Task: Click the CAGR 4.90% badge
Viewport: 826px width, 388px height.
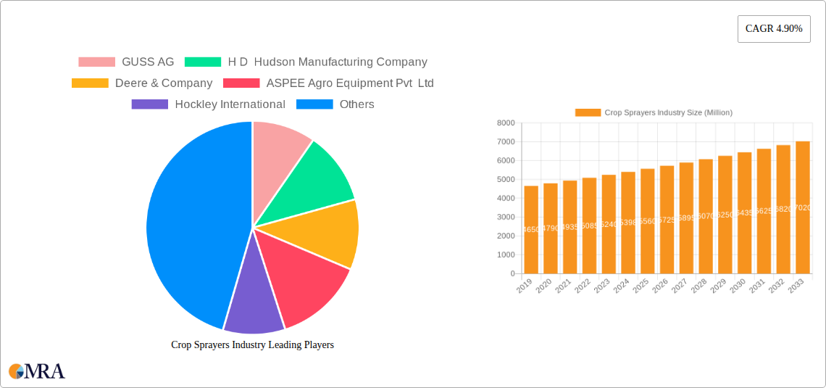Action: (773, 29)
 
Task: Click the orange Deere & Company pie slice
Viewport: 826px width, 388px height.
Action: (326, 232)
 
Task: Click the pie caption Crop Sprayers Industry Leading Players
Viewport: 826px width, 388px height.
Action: (252, 345)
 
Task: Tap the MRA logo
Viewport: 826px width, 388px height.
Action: (37, 371)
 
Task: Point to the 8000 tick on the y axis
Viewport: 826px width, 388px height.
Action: (505, 123)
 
